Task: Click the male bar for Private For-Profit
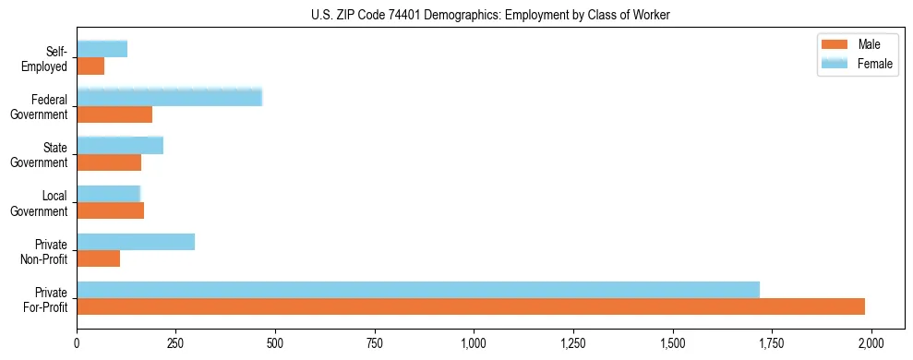[471, 306]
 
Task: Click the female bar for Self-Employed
[102, 49]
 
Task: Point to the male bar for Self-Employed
[90, 66]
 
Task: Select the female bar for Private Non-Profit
[136, 242]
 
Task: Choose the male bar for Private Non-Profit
[99, 258]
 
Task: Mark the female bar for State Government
[120, 145]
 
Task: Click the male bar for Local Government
[111, 210]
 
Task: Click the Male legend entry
[868, 44]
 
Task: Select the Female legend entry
[874, 64]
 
